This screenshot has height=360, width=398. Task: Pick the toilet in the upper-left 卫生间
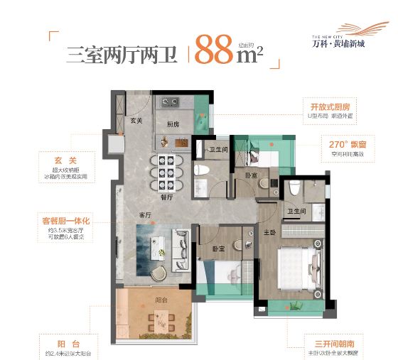click(x=201, y=171)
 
